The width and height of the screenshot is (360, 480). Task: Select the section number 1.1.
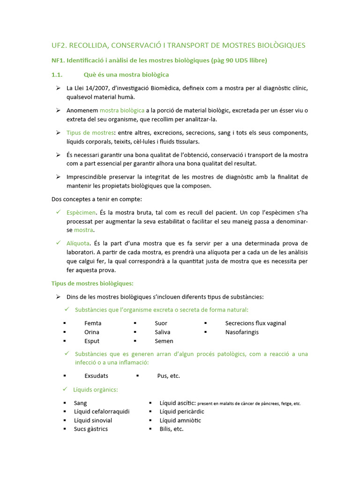point(57,75)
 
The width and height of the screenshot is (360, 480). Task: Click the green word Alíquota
point(78,243)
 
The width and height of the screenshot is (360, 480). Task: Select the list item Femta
point(93,323)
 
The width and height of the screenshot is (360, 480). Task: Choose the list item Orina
point(92,332)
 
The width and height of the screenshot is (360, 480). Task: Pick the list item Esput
point(92,341)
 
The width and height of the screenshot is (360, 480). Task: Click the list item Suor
point(161,323)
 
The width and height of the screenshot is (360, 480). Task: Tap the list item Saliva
point(162,332)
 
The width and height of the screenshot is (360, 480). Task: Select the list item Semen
point(164,341)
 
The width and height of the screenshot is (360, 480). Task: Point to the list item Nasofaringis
point(242,332)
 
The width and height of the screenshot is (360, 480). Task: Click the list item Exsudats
point(96,375)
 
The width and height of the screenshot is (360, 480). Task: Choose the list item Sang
point(80,403)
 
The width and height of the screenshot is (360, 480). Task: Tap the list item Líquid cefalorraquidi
point(102,411)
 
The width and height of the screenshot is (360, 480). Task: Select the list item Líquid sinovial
point(93,420)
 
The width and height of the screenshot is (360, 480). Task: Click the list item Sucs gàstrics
point(90,429)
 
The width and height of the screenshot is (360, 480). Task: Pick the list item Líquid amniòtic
point(180,420)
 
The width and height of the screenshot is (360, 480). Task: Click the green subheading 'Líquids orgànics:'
point(96,390)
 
